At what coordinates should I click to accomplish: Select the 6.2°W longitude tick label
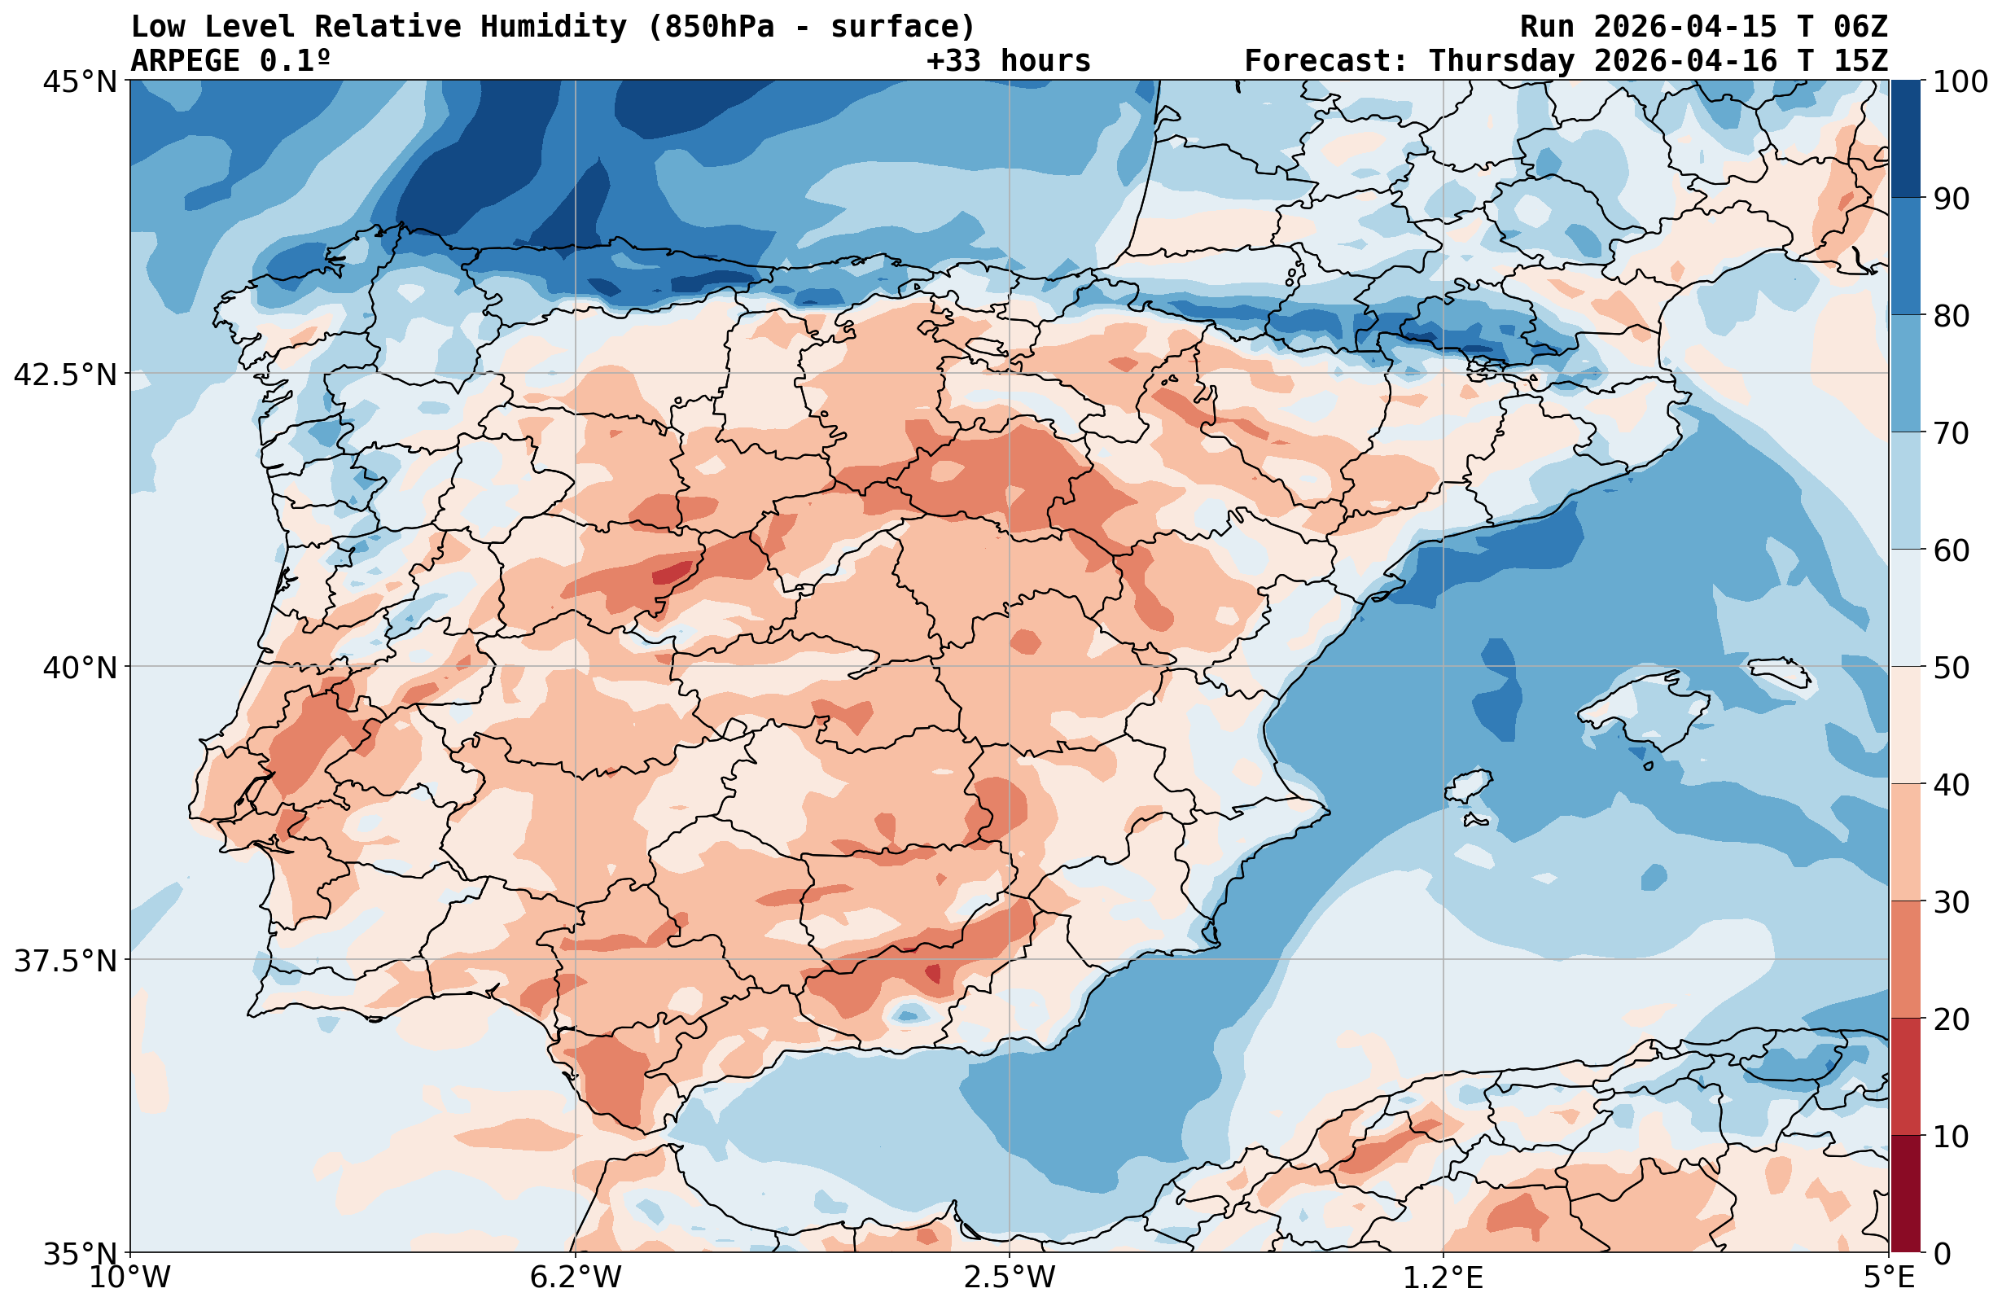(x=576, y=1278)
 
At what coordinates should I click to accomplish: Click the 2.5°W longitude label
(x=1010, y=1278)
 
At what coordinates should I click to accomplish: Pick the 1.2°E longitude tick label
(x=1443, y=1278)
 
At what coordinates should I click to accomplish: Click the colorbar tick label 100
(x=1960, y=82)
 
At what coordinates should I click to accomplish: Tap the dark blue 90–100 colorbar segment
(x=1905, y=139)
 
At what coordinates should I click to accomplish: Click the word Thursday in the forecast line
(x=1500, y=60)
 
